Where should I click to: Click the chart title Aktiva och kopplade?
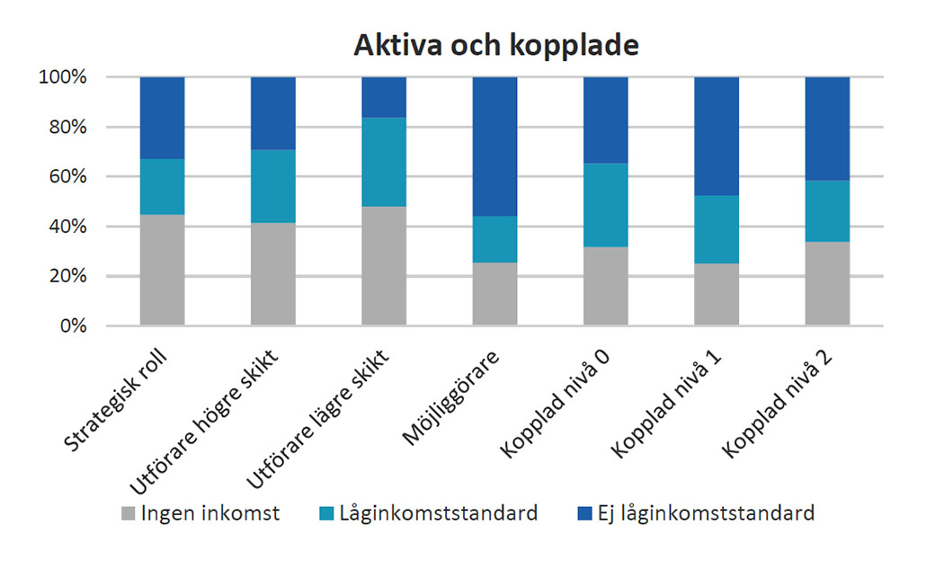(495, 46)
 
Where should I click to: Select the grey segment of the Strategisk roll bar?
(162, 270)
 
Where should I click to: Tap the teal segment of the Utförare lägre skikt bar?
(384, 162)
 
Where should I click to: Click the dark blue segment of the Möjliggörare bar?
(494, 146)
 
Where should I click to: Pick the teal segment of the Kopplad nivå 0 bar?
(605, 205)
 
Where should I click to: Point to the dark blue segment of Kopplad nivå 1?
(717, 136)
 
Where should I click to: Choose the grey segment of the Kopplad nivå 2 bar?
(827, 283)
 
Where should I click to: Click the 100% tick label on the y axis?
(62, 77)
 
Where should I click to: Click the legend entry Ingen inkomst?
(201, 514)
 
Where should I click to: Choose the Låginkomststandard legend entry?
(429, 514)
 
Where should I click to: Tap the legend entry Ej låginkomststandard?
(693, 514)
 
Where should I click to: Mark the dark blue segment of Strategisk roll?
(162, 118)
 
